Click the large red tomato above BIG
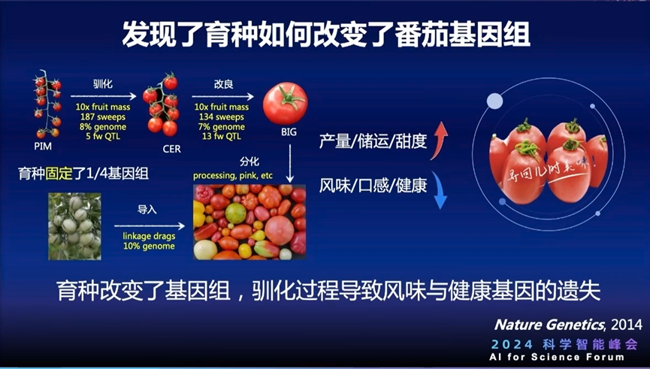coord(285,103)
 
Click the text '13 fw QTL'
coord(219,137)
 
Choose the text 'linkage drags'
coord(148,237)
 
